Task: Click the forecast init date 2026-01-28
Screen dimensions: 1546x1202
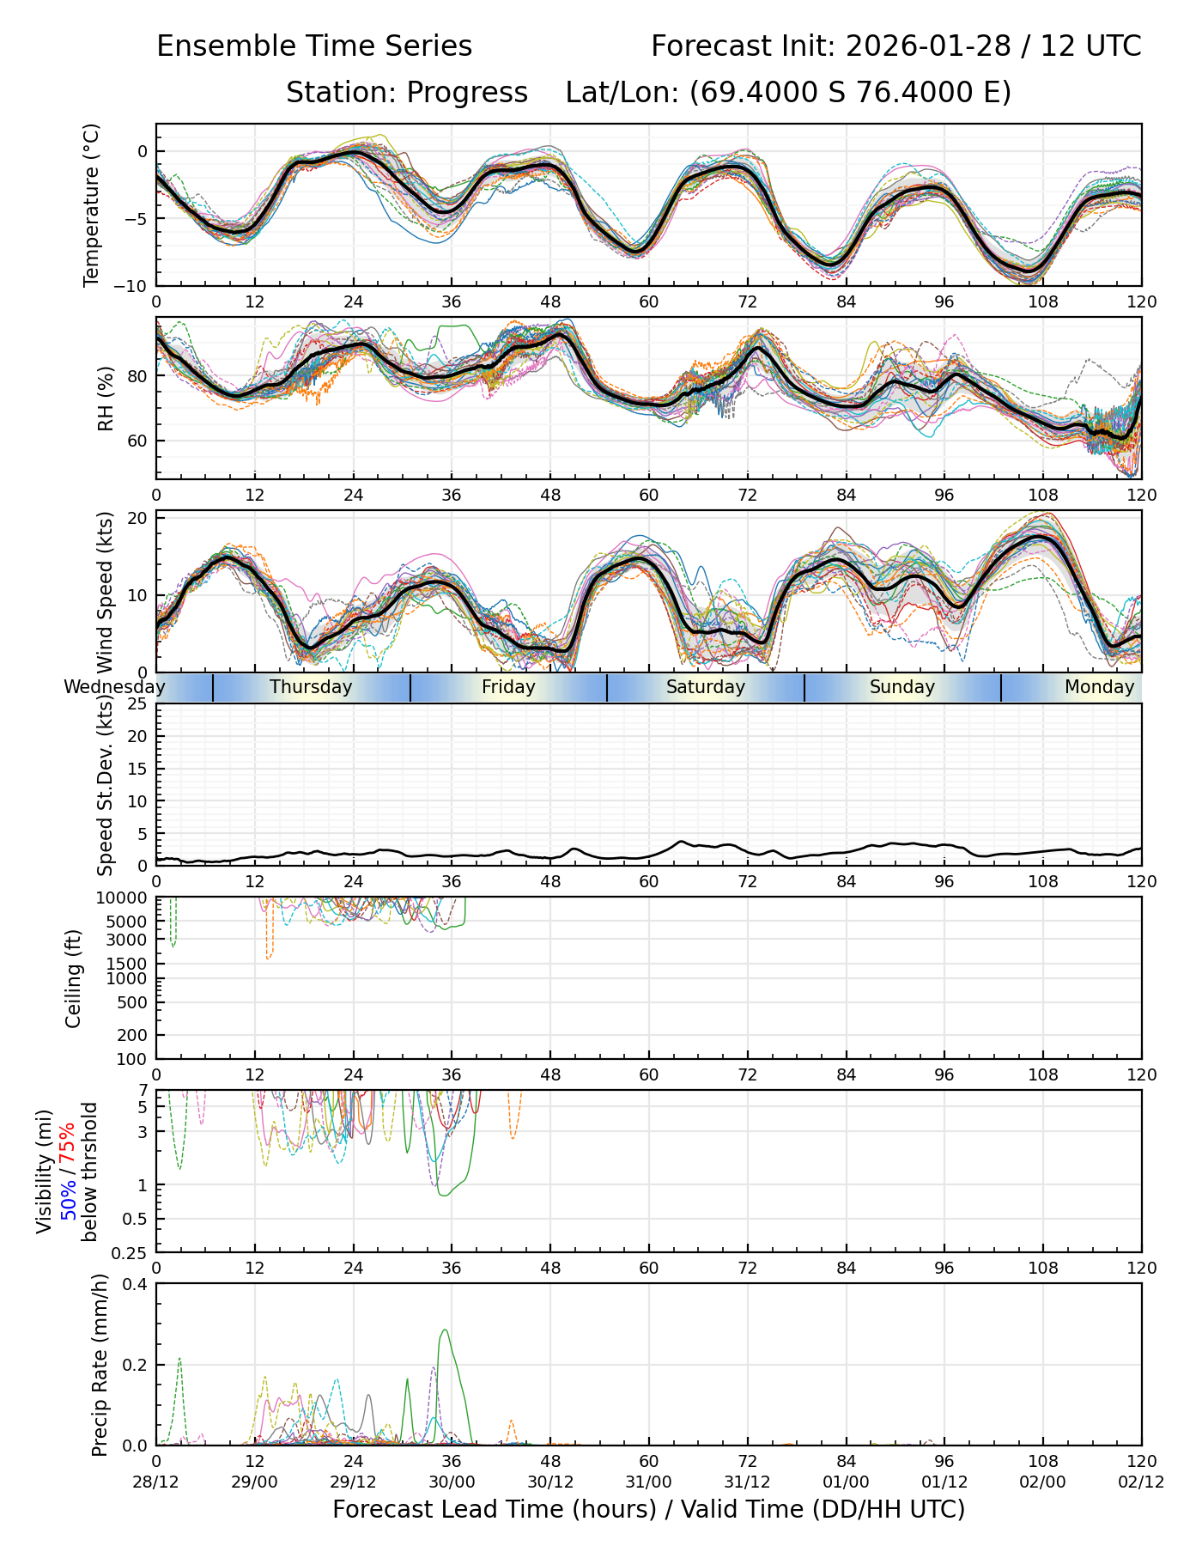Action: click(928, 46)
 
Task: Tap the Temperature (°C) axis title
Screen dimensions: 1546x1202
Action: click(92, 204)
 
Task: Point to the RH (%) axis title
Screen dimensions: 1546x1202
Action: click(106, 398)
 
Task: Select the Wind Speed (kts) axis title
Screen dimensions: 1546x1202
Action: click(106, 592)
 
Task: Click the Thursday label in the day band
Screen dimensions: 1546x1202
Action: click(311, 687)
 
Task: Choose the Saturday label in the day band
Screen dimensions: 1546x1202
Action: click(706, 687)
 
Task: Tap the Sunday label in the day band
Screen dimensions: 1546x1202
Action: click(901, 687)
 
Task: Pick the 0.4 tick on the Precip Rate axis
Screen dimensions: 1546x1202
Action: click(137, 1284)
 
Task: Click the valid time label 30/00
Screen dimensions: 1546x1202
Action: click(452, 1482)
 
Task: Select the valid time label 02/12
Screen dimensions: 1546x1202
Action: click(1141, 1482)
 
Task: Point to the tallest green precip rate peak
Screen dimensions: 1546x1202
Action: click(444, 1330)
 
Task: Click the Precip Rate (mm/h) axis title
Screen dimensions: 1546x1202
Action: click(100, 1365)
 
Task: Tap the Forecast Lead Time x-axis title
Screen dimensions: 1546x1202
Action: click(648, 1509)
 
